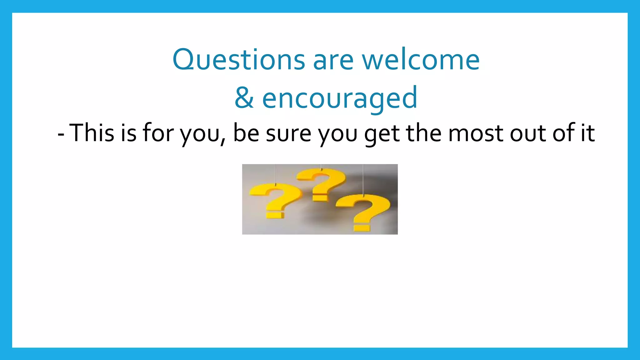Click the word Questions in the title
click(238, 60)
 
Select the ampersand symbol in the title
click(244, 98)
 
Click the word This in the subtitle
click(92, 133)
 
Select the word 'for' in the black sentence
click(158, 133)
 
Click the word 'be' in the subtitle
click(246, 133)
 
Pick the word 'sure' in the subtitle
click(288, 133)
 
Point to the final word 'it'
click(588, 133)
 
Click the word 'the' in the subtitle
click(424, 133)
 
